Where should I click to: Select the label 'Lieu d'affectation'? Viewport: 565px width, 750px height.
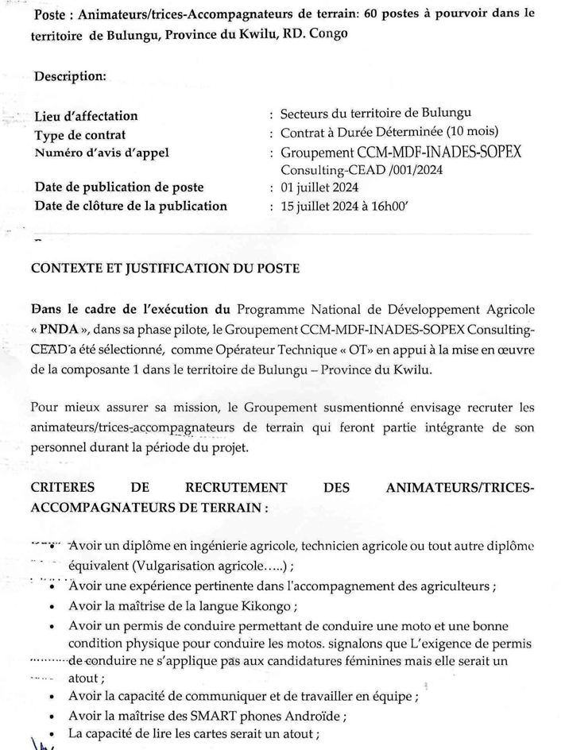[x=87, y=117]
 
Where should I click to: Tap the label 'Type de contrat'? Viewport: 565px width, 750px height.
[x=80, y=135]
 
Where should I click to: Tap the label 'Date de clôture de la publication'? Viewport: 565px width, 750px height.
[x=131, y=206]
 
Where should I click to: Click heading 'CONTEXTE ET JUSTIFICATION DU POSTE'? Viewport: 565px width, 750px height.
[x=164, y=268]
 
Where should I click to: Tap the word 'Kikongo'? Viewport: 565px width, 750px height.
[x=269, y=608]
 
